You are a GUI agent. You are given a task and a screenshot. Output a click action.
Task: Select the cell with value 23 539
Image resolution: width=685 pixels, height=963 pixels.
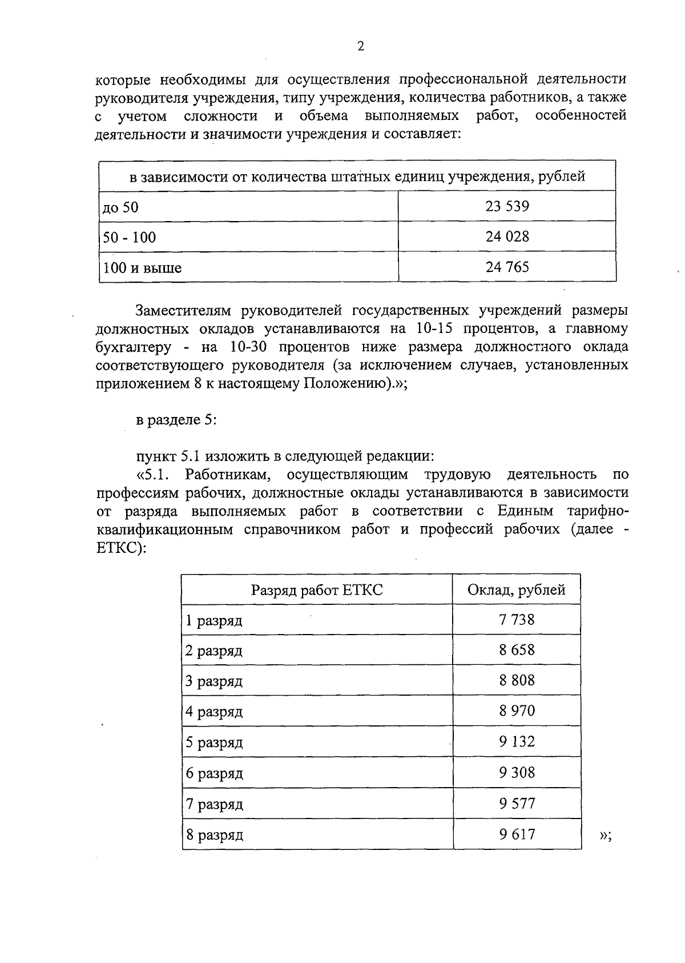coord(507,206)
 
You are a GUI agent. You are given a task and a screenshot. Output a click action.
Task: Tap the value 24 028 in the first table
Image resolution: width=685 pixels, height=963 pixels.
coord(507,236)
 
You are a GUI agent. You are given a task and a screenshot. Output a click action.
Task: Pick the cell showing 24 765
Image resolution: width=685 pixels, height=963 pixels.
coord(507,267)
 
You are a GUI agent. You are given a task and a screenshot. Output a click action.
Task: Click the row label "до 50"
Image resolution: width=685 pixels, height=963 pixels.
coord(120,207)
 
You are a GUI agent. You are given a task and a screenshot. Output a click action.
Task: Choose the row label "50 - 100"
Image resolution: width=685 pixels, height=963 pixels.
coord(130,238)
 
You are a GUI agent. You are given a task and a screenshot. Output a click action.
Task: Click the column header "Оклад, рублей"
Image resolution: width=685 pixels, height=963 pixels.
coord(517,590)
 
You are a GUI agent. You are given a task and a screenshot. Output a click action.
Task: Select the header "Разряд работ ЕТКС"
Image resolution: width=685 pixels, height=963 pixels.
coord(317,590)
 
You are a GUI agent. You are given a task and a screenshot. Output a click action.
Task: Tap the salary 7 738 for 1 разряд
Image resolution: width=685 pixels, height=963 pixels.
coord(517,620)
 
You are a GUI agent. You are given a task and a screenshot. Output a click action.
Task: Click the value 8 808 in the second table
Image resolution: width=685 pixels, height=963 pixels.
coord(517,680)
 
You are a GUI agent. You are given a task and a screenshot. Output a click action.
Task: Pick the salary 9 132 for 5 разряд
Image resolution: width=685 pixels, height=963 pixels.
coord(517,741)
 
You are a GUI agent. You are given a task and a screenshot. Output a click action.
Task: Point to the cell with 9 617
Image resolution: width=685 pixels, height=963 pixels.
coord(517,834)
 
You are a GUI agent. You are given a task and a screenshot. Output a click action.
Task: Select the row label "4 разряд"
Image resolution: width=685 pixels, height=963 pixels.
coord(214,712)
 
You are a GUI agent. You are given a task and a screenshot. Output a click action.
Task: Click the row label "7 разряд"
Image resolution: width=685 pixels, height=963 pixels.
coord(214,804)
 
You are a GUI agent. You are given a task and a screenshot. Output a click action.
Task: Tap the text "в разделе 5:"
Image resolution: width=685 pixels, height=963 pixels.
coord(176,420)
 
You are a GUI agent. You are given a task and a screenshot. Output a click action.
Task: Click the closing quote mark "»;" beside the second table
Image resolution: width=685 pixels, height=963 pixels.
coord(606,836)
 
